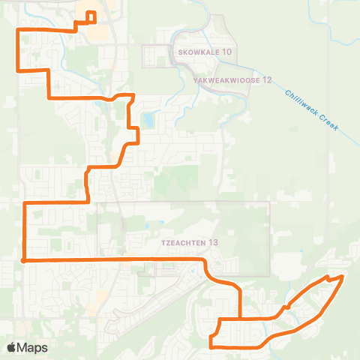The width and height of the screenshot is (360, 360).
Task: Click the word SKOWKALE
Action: pyautogui.click(x=198, y=52)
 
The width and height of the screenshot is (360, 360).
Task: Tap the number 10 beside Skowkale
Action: pyautogui.click(x=227, y=52)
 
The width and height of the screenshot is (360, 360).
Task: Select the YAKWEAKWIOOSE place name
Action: pyautogui.click(x=225, y=79)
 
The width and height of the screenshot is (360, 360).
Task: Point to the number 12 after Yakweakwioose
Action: pyautogui.click(x=265, y=79)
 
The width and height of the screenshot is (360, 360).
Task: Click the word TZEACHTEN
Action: pyautogui.click(x=183, y=243)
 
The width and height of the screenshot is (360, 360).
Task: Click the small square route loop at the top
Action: pyautogui.click(x=91, y=16)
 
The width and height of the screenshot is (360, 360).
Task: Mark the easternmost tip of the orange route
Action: pyautogui.click(x=343, y=277)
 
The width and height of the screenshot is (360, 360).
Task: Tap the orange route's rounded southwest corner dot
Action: pyautogui.click(x=25, y=260)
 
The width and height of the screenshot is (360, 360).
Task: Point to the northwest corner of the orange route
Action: pyautogui.click(x=18, y=30)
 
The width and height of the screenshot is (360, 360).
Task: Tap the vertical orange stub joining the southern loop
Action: pyautogui.click(x=239, y=304)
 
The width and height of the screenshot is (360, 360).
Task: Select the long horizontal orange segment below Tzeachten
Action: pyautogui.click(x=112, y=259)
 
